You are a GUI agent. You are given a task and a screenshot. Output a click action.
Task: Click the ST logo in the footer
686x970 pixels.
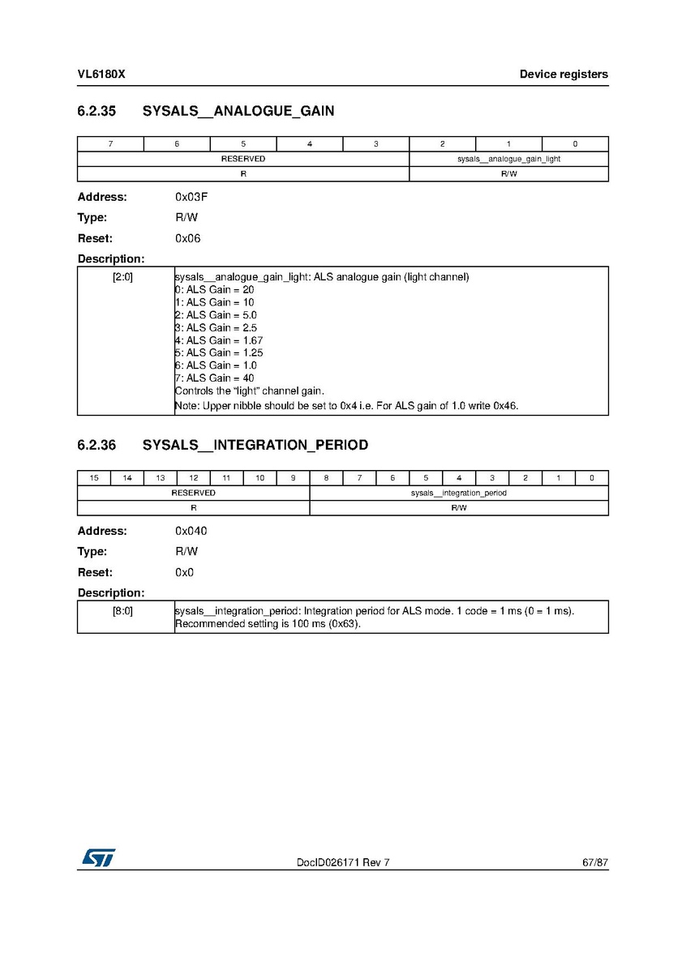pos(97,857)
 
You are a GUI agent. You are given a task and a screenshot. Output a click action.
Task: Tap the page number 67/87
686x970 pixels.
pos(594,862)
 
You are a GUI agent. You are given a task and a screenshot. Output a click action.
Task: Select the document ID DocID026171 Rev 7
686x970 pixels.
pos(343,862)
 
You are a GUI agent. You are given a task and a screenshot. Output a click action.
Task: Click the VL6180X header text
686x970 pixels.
pos(101,75)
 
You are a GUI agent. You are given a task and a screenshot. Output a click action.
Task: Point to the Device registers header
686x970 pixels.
pos(564,75)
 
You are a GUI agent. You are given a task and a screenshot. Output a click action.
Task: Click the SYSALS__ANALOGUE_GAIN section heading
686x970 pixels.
pos(238,111)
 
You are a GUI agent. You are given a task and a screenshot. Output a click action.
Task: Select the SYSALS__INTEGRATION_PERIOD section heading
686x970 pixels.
pos(255,445)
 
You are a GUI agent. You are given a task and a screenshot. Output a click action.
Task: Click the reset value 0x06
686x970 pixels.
pos(187,238)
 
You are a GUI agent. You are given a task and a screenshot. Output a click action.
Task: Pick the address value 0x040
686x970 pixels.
pos(191,531)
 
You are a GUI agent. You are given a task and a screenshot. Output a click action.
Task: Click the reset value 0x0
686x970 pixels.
pos(184,572)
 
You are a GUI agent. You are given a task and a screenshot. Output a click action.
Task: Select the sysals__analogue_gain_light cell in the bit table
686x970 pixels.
pos(508,159)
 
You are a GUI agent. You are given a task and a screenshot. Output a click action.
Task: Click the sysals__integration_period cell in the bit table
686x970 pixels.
pos(458,493)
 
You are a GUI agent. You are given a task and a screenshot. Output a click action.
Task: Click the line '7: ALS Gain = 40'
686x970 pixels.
pos(215,378)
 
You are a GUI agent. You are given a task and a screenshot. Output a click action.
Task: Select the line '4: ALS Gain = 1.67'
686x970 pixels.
pos(219,340)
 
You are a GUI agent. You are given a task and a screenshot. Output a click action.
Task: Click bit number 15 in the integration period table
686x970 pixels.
pos(94,478)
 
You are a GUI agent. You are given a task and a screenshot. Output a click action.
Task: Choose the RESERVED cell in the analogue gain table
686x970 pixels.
pos(243,159)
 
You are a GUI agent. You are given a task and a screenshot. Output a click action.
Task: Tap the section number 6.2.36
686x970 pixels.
pos(97,445)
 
